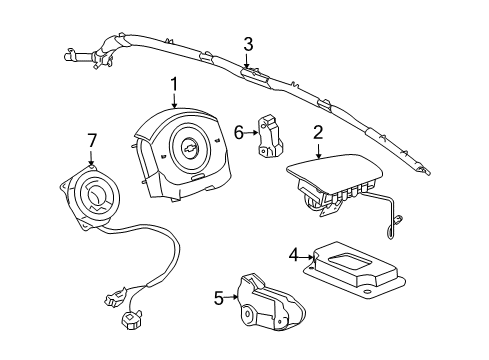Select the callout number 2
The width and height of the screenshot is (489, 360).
[x=318, y=131]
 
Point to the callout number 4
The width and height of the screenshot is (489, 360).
[x=294, y=255]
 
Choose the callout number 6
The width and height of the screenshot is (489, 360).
[x=239, y=131]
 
